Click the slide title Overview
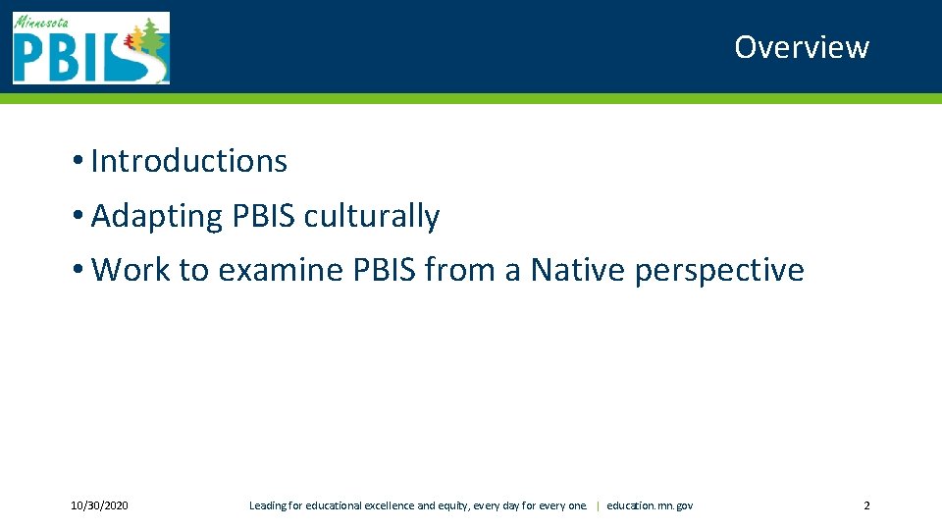801,47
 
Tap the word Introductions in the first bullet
188,161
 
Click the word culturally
371,216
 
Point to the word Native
578,269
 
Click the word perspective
719,269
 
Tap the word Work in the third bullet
130,269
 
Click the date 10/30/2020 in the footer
99,505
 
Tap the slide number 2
866,505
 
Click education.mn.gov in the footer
650,505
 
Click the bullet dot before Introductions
77,162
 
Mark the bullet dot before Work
77,270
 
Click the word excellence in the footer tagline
390,505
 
